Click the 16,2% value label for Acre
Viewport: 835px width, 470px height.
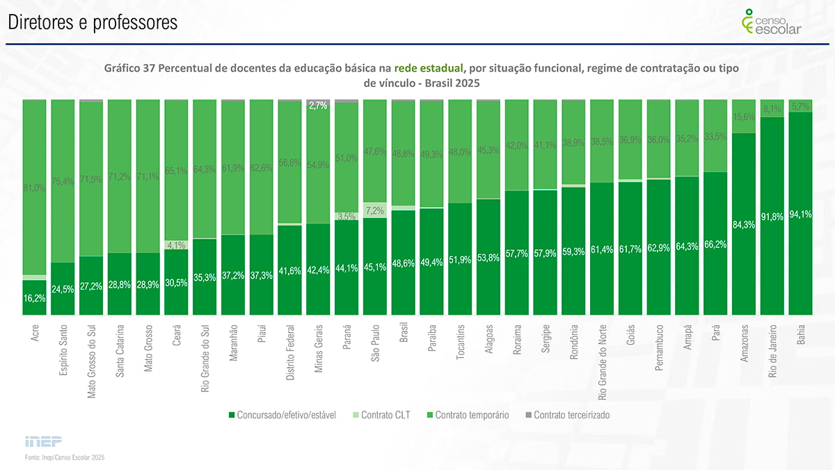[34, 298]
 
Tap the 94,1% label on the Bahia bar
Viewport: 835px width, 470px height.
[801, 214]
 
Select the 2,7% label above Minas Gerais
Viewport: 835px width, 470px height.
[317, 105]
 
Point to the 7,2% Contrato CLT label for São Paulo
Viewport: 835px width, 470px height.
[374, 210]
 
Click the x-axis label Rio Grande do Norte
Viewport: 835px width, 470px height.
[603, 362]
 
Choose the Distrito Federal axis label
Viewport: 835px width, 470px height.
[290, 353]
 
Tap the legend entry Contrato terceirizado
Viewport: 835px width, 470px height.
[571, 415]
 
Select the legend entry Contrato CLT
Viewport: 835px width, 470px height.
[385, 415]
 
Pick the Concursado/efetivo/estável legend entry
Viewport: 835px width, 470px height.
[286, 415]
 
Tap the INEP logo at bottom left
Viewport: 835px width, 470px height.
[43, 441]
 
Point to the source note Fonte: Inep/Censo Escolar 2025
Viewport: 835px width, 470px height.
[65, 457]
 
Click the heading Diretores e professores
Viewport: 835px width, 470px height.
[93, 23]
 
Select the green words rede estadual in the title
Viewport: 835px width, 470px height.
[428, 68]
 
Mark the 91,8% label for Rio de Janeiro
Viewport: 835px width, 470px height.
[772, 217]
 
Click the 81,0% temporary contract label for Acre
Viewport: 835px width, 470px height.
[34, 187]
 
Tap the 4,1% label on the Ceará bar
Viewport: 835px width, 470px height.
[176, 244]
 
